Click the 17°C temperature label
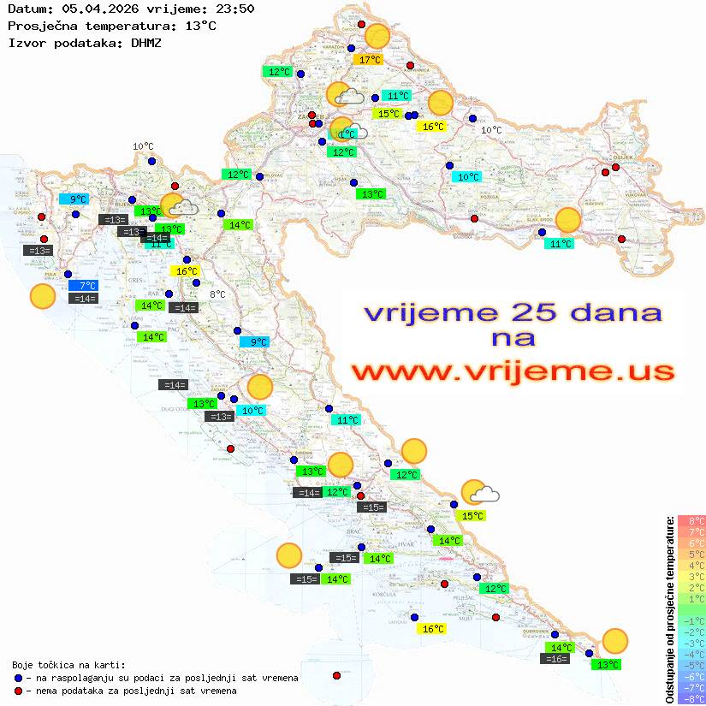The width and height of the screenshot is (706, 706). click(x=370, y=60)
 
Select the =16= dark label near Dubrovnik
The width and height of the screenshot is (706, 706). click(x=555, y=659)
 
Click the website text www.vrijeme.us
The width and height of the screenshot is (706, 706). click(x=513, y=371)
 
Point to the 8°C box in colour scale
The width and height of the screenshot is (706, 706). click(x=691, y=520)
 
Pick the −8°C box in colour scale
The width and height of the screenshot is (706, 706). click(x=691, y=698)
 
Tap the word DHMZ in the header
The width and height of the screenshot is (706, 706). click(x=146, y=42)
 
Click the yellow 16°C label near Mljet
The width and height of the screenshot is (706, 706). click(x=433, y=629)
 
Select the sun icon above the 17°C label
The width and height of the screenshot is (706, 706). click(x=377, y=37)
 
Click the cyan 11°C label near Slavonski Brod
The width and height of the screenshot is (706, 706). click(x=560, y=244)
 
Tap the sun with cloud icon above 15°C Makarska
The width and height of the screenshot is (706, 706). click(x=478, y=492)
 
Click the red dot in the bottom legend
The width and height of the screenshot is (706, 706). click(x=19, y=691)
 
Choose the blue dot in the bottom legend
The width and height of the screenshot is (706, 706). click(x=19, y=678)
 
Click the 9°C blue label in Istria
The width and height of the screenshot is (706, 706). click(x=73, y=199)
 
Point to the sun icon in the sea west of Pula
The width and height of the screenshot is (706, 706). click(x=42, y=297)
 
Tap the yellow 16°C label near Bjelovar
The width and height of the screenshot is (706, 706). click(x=430, y=127)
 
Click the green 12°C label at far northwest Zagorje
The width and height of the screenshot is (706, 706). click(x=279, y=72)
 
